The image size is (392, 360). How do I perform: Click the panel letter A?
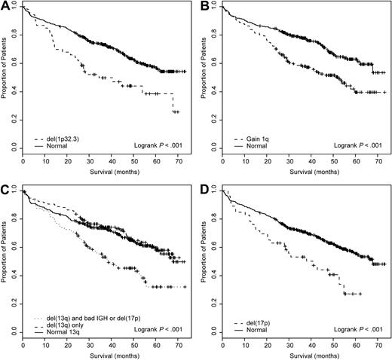[x=6, y=7]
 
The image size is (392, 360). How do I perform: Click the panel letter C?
[x=6, y=190]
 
